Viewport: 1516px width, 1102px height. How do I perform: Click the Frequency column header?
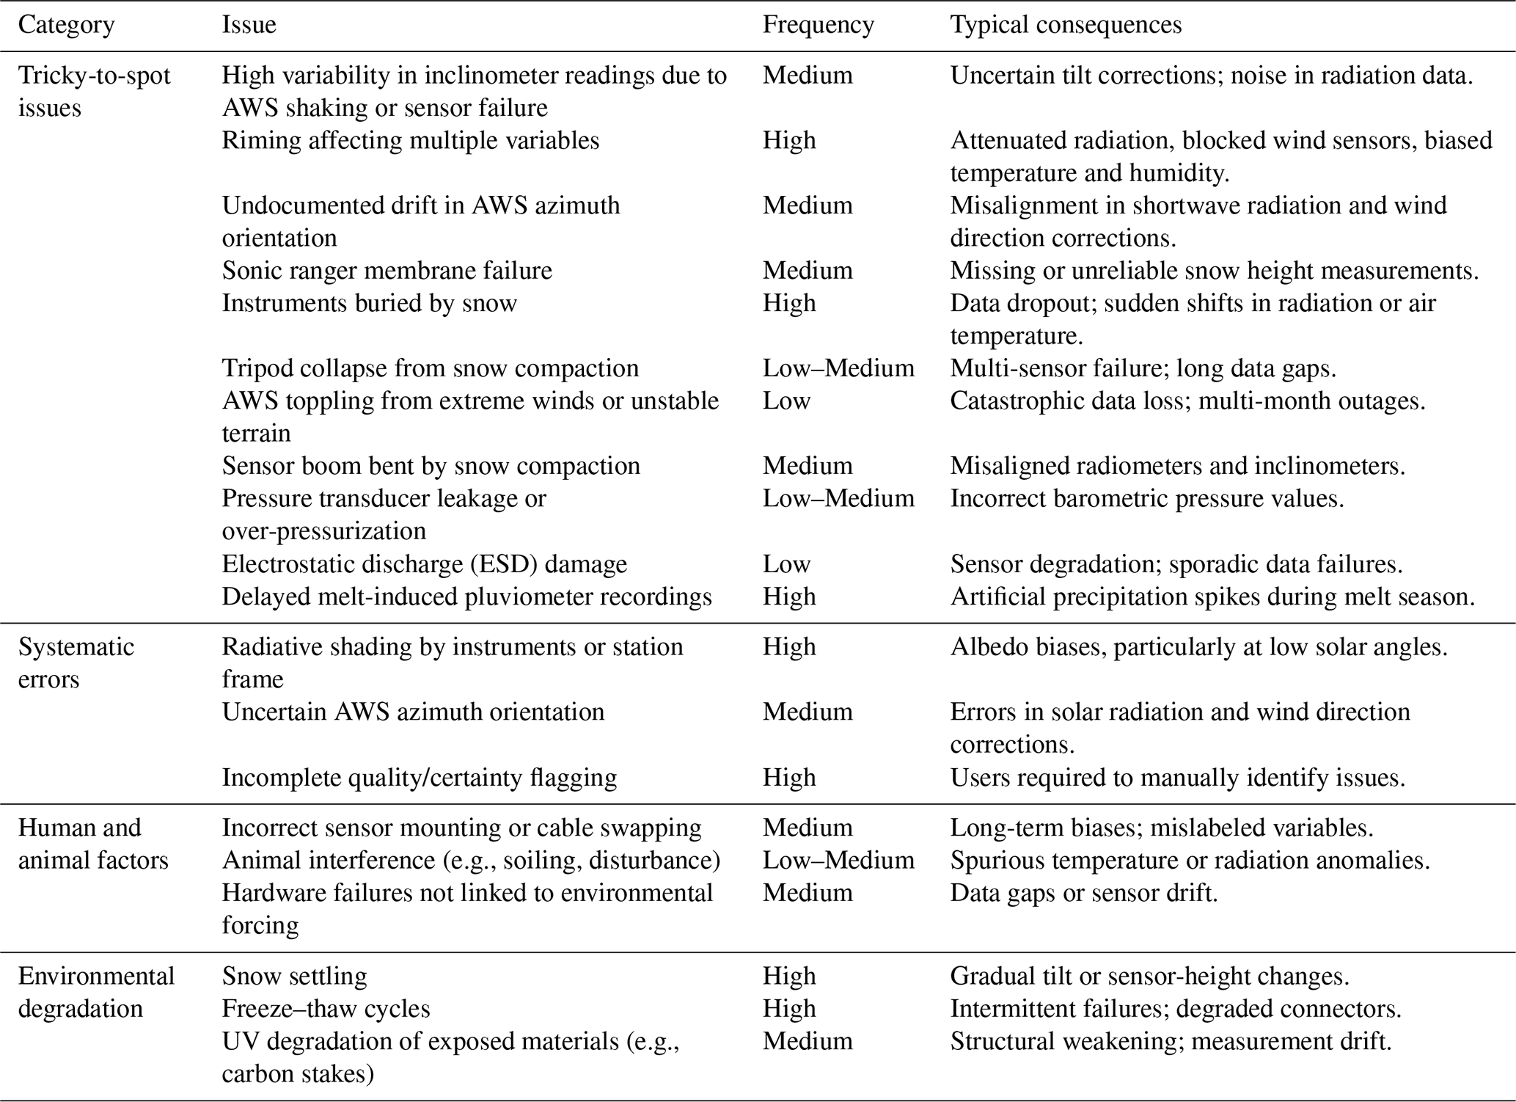click(818, 26)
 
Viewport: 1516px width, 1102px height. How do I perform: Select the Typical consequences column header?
click(1066, 26)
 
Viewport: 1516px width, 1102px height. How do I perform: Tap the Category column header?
click(66, 26)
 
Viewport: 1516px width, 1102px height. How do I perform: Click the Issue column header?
click(249, 26)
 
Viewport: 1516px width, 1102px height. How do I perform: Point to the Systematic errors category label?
click(76, 663)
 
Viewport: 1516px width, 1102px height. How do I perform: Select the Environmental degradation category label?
click(96, 992)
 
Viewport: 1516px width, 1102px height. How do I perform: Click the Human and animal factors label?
click(93, 844)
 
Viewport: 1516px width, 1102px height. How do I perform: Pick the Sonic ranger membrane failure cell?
click(387, 271)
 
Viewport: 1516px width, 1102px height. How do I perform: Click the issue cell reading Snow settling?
click(294, 977)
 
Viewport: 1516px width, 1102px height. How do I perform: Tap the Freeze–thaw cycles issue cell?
click(326, 1009)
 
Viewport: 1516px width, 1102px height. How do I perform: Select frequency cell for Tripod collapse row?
click(838, 368)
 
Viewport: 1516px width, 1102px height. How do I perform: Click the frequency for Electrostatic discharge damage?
click(786, 564)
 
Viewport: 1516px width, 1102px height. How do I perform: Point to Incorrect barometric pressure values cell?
click(1147, 499)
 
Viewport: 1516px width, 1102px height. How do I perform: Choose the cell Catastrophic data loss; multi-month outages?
click(1187, 401)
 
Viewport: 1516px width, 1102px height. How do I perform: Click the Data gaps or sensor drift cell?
click(1083, 893)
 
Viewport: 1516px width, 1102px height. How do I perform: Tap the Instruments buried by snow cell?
click(369, 304)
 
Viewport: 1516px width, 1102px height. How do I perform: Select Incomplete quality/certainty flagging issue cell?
click(419, 778)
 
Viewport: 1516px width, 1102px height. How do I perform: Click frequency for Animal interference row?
click(838, 861)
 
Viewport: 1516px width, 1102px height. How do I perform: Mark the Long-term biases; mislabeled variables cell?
click(1161, 828)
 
